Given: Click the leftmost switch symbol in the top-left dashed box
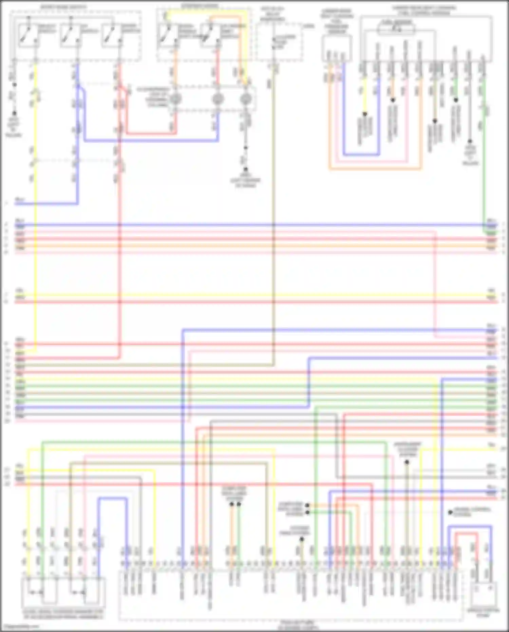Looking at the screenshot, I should [x=28, y=35].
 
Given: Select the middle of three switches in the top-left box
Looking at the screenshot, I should [x=70, y=35].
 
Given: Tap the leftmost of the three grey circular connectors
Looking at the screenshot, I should [x=175, y=99].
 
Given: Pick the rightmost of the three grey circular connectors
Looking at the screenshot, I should [x=245, y=99].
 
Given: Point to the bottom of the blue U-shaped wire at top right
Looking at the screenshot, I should [x=361, y=155].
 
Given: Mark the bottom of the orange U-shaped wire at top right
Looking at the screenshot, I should [x=375, y=168].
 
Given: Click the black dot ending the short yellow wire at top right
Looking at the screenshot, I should [x=365, y=114].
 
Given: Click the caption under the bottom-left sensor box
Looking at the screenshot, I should [x=63, y=614].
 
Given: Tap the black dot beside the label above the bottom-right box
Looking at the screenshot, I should [x=450, y=512].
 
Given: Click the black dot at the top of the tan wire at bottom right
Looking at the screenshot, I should [x=407, y=462].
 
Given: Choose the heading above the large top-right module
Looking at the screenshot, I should [x=424, y=10].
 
